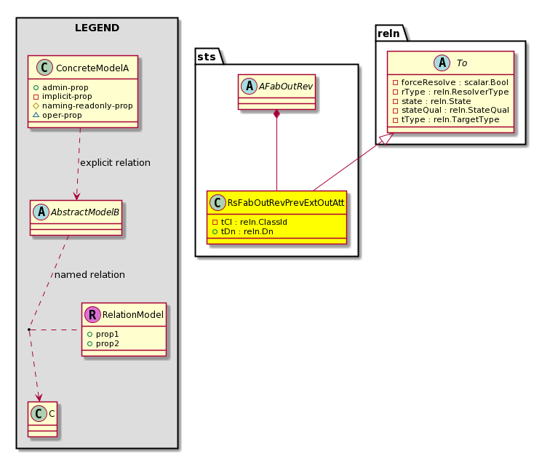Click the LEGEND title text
pyautogui.click(x=97, y=28)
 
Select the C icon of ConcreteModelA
pyautogui.click(x=44, y=68)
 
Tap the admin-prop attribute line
pyautogui.click(x=60, y=87)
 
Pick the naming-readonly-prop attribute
pyautogui.click(x=83, y=106)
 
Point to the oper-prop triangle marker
pyautogui.click(x=36, y=115)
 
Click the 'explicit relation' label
pyautogui.click(x=116, y=163)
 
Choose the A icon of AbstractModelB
pyautogui.click(x=41, y=212)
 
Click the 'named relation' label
pyautogui.click(x=89, y=274)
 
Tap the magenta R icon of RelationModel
pyautogui.click(x=92, y=314)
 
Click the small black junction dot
pyautogui.click(x=29, y=330)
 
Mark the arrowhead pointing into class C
pyautogui.click(x=39, y=397)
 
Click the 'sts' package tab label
pyautogui.click(x=207, y=57)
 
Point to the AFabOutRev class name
pyautogui.click(x=285, y=87)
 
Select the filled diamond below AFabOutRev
pyautogui.click(x=276, y=114)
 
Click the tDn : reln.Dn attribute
pyautogui.click(x=243, y=232)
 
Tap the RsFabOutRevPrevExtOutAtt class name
pyautogui.click(x=286, y=203)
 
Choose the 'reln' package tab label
pyautogui.click(x=388, y=33)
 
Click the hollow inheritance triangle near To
pyautogui.click(x=388, y=138)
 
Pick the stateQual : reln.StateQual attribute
pyautogui.click(x=451, y=110)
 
